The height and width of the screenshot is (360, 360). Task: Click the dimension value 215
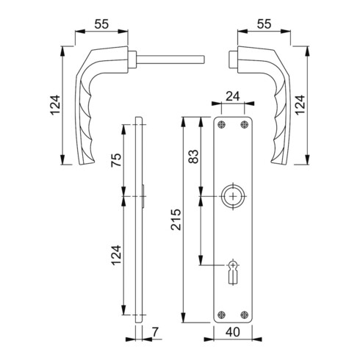click(x=176, y=220)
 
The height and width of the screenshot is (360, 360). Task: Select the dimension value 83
click(x=193, y=156)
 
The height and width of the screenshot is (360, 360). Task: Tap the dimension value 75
click(x=116, y=159)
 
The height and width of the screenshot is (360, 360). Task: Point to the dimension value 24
click(x=233, y=96)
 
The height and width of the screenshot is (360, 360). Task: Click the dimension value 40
click(x=233, y=332)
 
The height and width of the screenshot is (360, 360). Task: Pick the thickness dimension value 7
click(x=155, y=332)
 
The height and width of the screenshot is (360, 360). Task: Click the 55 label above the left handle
click(x=101, y=24)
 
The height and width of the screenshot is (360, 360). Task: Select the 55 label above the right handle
click(x=264, y=24)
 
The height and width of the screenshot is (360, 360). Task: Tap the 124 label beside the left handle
click(x=55, y=105)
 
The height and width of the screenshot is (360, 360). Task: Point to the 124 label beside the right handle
click(x=300, y=105)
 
